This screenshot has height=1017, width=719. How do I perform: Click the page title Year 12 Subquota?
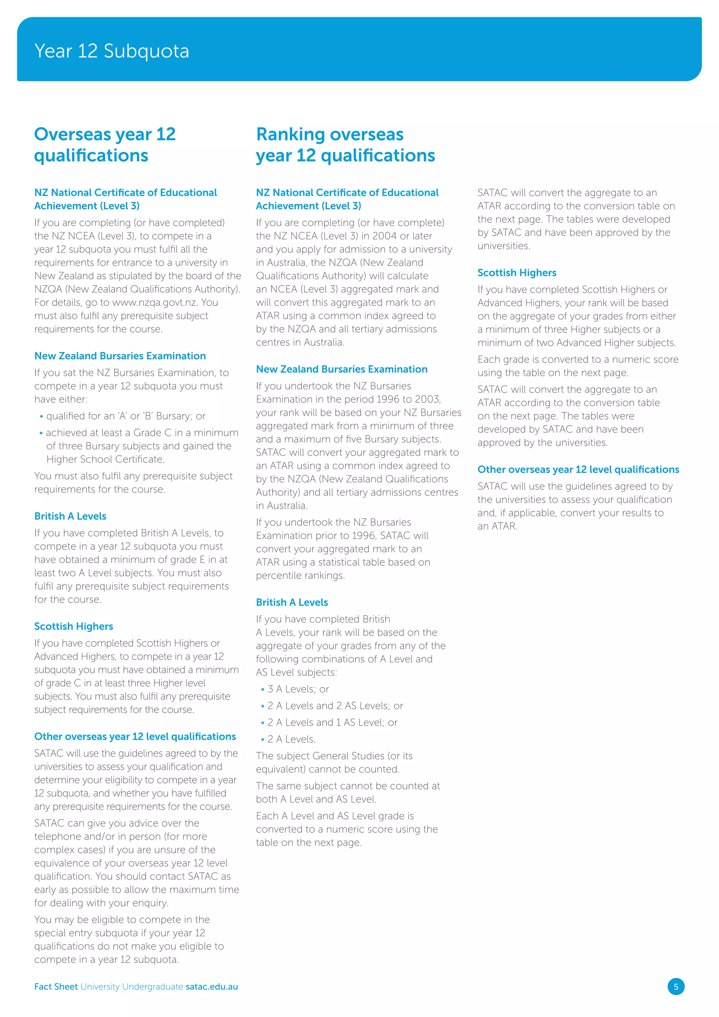(x=112, y=51)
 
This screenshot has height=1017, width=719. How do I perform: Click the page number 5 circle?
(x=675, y=986)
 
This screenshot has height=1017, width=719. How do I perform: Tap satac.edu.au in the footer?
(x=212, y=986)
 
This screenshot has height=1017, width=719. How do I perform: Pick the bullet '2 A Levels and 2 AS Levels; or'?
(x=335, y=706)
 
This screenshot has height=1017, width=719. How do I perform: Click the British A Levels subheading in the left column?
(x=71, y=516)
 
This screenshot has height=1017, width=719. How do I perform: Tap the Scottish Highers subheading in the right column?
(x=517, y=273)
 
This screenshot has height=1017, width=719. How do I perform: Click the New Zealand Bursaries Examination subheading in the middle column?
(x=341, y=369)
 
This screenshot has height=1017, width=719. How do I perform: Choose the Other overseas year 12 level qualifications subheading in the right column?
(x=578, y=470)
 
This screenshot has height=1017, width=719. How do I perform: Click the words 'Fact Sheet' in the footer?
(x=56, y=986)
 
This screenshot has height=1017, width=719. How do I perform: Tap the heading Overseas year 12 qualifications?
(x=105, y=145)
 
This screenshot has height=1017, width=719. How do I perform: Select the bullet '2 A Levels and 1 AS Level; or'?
(x=332, y=722)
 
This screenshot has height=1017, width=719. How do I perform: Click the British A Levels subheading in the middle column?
(x=292, y=602)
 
